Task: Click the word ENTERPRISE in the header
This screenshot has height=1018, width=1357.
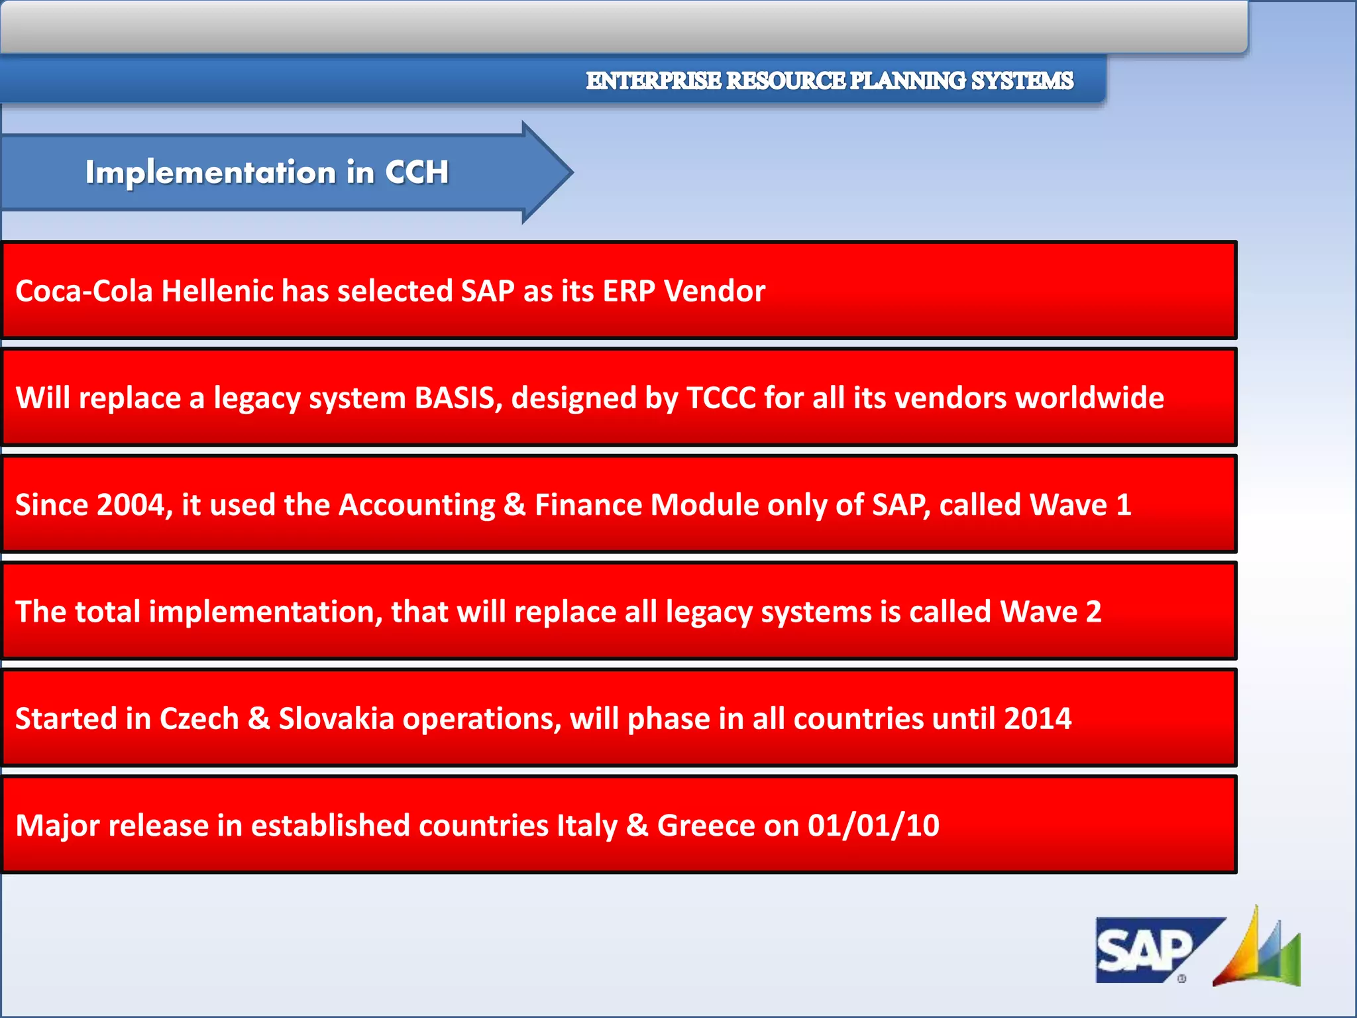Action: pos(653,81)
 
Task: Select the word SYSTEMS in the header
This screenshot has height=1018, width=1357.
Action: pos(1022,81)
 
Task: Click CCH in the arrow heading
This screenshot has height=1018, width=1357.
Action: pos(417,172)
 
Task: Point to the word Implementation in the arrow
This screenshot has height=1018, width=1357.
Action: pos(211,172)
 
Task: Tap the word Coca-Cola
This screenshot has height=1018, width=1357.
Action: pos(84,291)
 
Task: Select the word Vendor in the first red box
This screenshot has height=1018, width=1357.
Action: pos(714,291)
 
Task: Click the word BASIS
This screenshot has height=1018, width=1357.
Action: pos(458,398)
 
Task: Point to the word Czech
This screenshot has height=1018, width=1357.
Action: pos(199,719)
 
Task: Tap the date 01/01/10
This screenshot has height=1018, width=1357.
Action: pos(873,826)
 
